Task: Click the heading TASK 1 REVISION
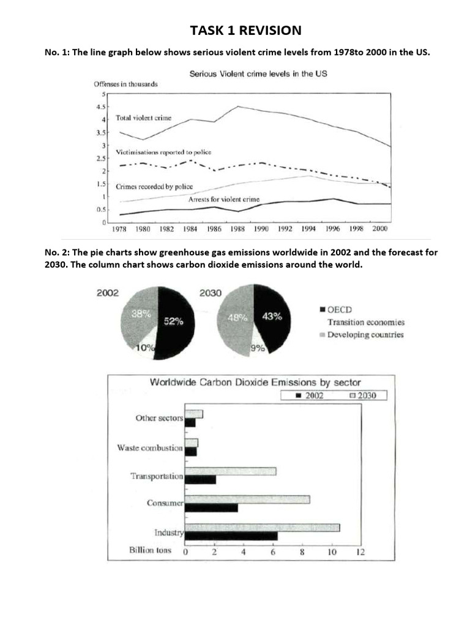tap(245, 31)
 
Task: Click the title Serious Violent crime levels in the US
tap(258, 74)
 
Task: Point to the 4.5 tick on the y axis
tap(101, 107)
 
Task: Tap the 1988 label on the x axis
tap(237, 229)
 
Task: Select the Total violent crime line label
tap(143, 118)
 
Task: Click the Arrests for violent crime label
tap(224, 199)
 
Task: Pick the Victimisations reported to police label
tap(163, 152)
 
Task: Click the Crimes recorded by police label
tap(154, 186)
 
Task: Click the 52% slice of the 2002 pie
tap(176, 323)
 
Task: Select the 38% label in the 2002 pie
tap(141, 314)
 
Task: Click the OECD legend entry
tap(336, 310)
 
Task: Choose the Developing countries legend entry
tap(362, 334)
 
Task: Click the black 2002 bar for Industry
tap(231, 536)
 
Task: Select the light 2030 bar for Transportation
tap(231, 471)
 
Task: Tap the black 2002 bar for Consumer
tap(211, 508)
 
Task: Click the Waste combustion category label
tap(150, 448)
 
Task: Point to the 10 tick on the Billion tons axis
tap(332, 552)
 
